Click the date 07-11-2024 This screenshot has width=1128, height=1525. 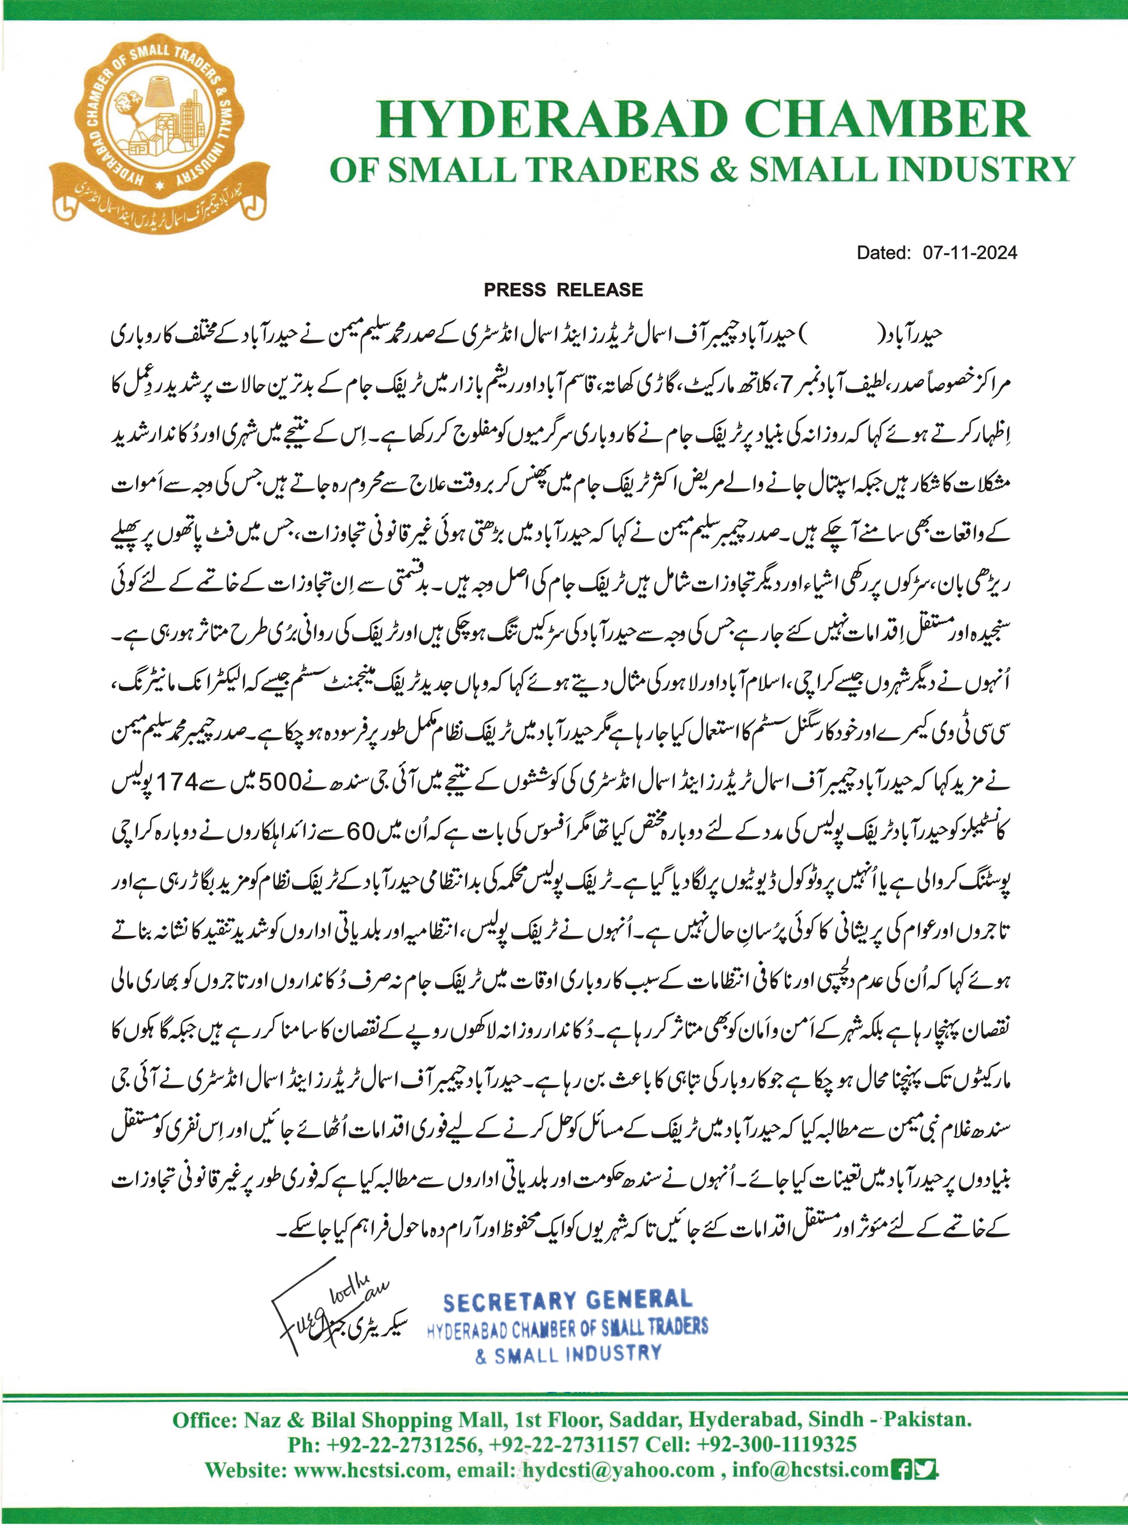pyautogui.click(x=970, y=253)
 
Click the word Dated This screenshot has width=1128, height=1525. pyautogui.click(x=884, y=253)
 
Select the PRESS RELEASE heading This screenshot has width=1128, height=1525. pyautogui.click(x=563, y=290)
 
